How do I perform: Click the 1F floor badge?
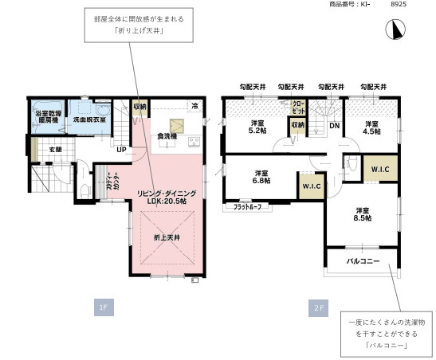[103, 307]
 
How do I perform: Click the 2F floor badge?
[317, 307]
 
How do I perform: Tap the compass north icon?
[392, 29]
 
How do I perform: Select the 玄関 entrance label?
[55, 149]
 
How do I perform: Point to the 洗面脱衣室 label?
[89, 119]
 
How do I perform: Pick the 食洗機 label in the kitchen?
[167, 135]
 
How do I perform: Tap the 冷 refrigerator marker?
[194, 105]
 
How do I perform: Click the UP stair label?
[122, 149]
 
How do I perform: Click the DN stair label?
[335, 125]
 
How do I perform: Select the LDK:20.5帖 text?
[160, 202]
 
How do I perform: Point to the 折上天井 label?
[166, 237]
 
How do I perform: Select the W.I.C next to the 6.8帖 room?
[310, 186]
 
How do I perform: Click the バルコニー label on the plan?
[362, 260]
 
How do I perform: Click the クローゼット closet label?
[297, 107]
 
